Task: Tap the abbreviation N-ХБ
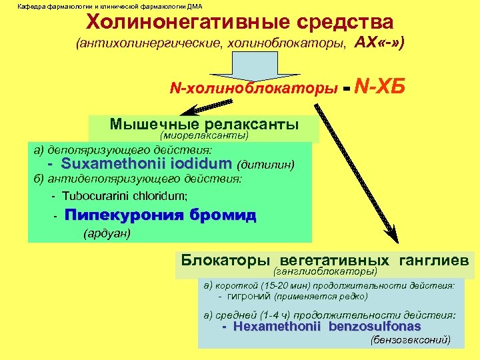pyautogui.click(x=381, y=86)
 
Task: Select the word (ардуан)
pyautogui.click(x=106, y=234)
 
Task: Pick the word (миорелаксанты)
pyautogui.click(x=210, y=135)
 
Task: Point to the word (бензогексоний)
pyautogui.click(x=409, y=340)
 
